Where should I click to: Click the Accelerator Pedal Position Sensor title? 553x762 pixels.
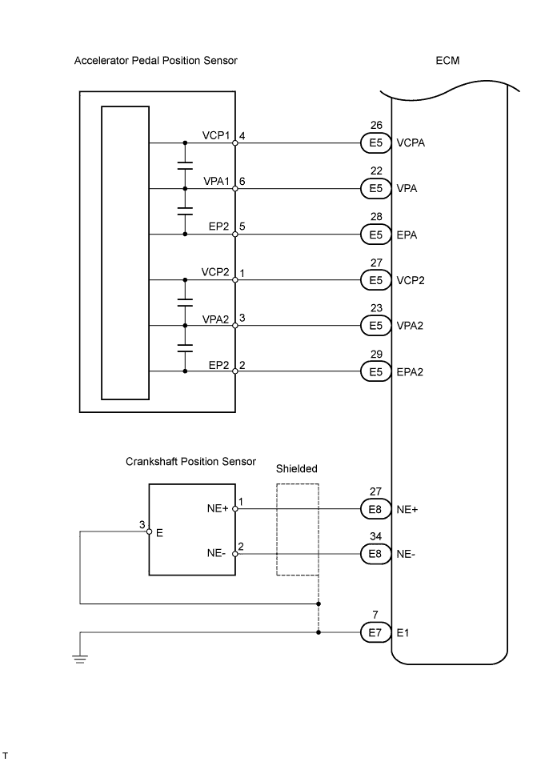pos(155,61)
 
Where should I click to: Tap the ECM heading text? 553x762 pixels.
pos(447,61)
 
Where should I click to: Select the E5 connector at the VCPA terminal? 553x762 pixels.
pos(376,144)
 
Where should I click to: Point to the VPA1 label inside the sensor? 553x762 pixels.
pos(216,182)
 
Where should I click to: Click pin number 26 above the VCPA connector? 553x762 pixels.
pos(376,126)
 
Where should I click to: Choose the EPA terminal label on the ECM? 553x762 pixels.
pos(407,235)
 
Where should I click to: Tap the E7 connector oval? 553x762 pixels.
pos(376,633)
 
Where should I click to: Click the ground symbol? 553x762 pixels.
pos(80,659)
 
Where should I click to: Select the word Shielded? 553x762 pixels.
pos(296,469)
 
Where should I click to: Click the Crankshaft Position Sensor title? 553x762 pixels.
pos(190,462)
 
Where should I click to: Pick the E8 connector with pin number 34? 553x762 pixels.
pos(376,554)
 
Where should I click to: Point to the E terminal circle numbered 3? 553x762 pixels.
pos(149,531)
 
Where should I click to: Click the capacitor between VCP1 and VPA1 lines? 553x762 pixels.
pos(186,166)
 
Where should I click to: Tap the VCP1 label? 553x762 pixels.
pos(216,136)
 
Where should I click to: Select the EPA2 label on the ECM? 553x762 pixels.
pos(410,372)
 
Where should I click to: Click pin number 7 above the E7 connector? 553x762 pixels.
pos(376,615)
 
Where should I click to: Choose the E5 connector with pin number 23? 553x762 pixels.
pos(376,327)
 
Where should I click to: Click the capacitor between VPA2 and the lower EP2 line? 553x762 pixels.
pos(186,348)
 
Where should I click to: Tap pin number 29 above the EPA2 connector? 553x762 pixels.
pos(376,354)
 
